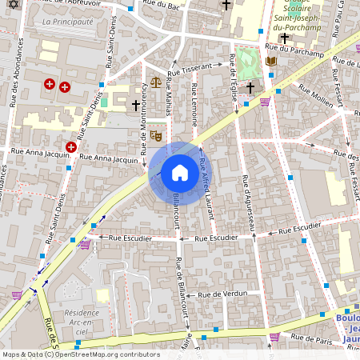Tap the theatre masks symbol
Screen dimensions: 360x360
click(x=157, y=136)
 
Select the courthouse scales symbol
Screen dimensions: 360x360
click(x=155, y=82)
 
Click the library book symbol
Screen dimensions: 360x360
click(x=270, y=62)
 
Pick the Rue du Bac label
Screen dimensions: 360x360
click(x=162, y=6)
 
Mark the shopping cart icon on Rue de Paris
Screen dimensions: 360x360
click(x=274, y=337)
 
